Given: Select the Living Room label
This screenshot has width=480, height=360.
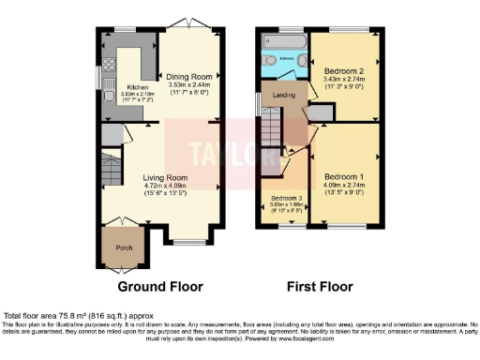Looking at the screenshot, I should pyautogui.click(x=165, y=177).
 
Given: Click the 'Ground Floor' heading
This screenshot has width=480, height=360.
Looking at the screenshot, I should pyautogui.click(x=157, y=285).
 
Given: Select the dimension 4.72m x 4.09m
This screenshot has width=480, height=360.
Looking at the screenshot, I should pyautogui.click(x=165, y=187).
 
